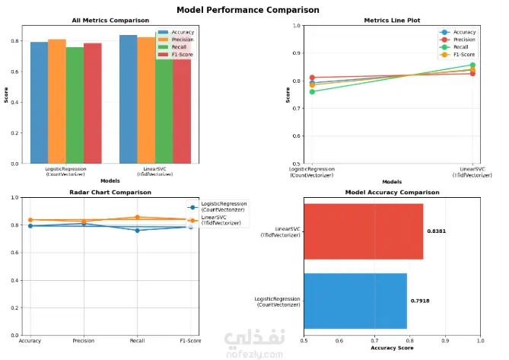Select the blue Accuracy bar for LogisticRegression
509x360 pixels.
[39, 103]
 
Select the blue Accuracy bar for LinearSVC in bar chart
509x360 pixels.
[128, 99]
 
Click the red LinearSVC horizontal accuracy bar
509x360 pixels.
[363, 231]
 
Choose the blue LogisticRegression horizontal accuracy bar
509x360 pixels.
[355, 301]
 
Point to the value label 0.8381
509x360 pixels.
[437, 231]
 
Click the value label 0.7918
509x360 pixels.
[420, 301]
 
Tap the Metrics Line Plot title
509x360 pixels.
[392, 21]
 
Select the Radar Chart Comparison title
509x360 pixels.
[110, 193]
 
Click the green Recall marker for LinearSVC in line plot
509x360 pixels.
[472, 65]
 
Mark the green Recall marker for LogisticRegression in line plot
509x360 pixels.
[312, 91]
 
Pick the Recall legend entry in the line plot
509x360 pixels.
[463, 47]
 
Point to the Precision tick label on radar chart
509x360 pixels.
[84, 342]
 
